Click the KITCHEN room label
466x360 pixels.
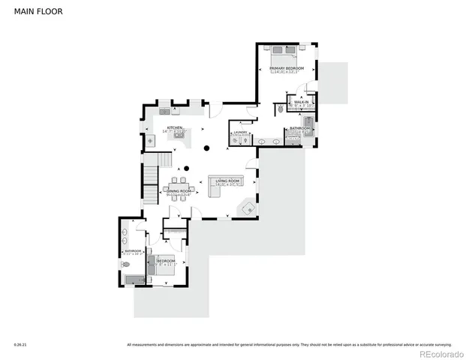(x=175, y=127)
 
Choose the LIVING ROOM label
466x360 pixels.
(x=227, y=181)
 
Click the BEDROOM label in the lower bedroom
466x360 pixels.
(x=165, y=260)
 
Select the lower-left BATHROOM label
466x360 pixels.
(x=134, y=250)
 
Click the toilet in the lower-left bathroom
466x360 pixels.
(x=125, y=264)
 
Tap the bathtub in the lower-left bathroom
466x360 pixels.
(x=135, y=280)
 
